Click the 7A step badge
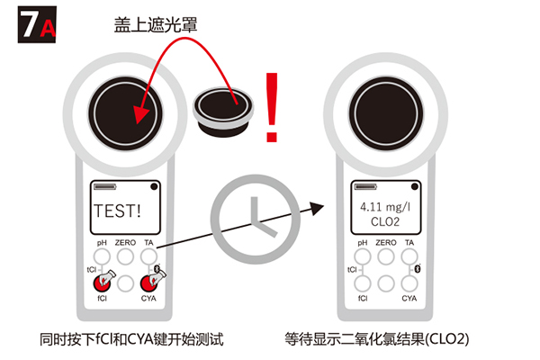point(37,24)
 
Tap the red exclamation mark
point(272,107)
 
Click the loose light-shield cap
point(223,112)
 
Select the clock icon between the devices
point(256,219)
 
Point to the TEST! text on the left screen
point(117,211)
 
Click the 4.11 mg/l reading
point(385,207)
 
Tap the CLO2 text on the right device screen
point(385,222)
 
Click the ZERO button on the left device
point(125,256)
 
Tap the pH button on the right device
point(363,256)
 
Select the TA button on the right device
point(409,256)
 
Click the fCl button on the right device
point(363,283)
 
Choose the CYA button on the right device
point(409,283)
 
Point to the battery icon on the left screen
point(105,186)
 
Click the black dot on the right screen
point(415,186)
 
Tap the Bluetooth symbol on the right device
point(418,268)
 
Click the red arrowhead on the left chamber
point(140,113)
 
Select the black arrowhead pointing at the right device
point(317,208)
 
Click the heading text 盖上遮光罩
point(156,25)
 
